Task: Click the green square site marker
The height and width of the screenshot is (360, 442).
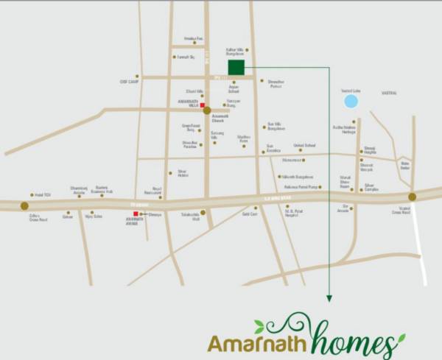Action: click(x=236, y=68)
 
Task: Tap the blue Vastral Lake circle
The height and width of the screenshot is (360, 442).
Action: click(x=351, y=101)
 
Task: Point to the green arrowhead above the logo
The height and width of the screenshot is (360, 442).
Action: click(x=329, y=298)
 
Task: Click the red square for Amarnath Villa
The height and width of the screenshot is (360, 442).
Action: click(x=203, y=105)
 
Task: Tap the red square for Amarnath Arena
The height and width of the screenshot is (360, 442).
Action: click(x=136, y=213)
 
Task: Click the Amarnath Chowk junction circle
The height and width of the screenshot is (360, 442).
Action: click(x=207, y=110)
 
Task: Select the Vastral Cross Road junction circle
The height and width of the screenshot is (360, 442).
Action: click(x=412, y=197)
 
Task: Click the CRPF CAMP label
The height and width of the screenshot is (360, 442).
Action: click(x=130, y=82)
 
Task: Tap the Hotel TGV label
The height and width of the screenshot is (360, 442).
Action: click(x=42, y=194)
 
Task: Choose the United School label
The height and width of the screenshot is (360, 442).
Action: click(x=304, y=146)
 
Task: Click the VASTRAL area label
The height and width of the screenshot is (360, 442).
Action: click(x=389, y=93)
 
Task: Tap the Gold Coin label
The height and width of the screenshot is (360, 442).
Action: click(x=250, y=213)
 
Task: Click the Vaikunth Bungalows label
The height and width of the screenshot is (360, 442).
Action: click(x=298, y=177)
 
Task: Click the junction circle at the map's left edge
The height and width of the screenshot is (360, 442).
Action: click(x=24, y=206)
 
